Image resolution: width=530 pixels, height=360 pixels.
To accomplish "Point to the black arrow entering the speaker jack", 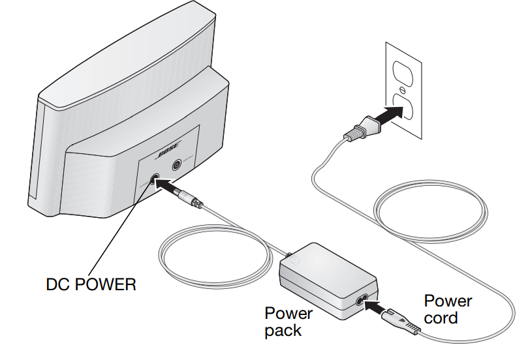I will (174, 190).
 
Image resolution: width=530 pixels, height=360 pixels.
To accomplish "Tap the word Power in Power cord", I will (448, 301).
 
